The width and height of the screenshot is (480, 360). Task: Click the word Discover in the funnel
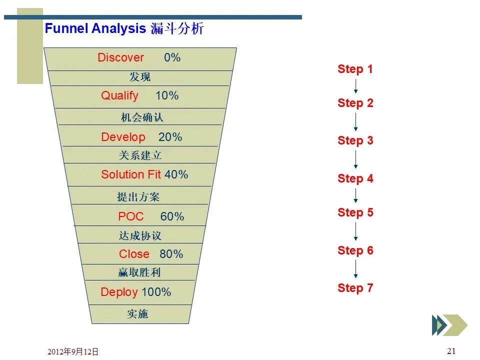click(x=120, y=57)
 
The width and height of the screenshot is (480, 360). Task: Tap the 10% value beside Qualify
click(x=167, y=95)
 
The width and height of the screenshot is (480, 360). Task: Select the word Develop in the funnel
click(x=123, y=137)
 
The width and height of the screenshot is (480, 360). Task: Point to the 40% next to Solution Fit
click(x=176, y=174)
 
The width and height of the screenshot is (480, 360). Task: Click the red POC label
click(x=130, y=216)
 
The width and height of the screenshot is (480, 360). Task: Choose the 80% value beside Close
click(x=171, y=254)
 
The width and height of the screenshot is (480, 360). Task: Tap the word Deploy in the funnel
click(x=119, y=292)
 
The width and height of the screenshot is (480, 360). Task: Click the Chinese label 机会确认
click(x=142, y=117)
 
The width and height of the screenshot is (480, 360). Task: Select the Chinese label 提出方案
click(x=138, y=197)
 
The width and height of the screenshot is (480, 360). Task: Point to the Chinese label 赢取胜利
click(x=139, y=272)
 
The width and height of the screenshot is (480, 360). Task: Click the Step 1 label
click(x=355, y=69)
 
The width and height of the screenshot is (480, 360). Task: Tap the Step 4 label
click(x=355, y=178)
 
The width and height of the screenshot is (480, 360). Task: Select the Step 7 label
click(x=355, y=288)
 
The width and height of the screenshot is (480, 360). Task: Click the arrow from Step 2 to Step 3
click(x=355, y=122)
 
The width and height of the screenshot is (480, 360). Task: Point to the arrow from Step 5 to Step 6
click(x=355, y=231)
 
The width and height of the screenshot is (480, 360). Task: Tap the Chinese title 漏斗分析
click(x=177, y=28)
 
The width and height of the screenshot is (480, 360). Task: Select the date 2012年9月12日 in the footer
click(x=73, y=351)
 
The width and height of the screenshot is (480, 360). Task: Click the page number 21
click(x=451, y=351)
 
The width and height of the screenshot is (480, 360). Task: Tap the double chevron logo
click(x=449, y=325)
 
